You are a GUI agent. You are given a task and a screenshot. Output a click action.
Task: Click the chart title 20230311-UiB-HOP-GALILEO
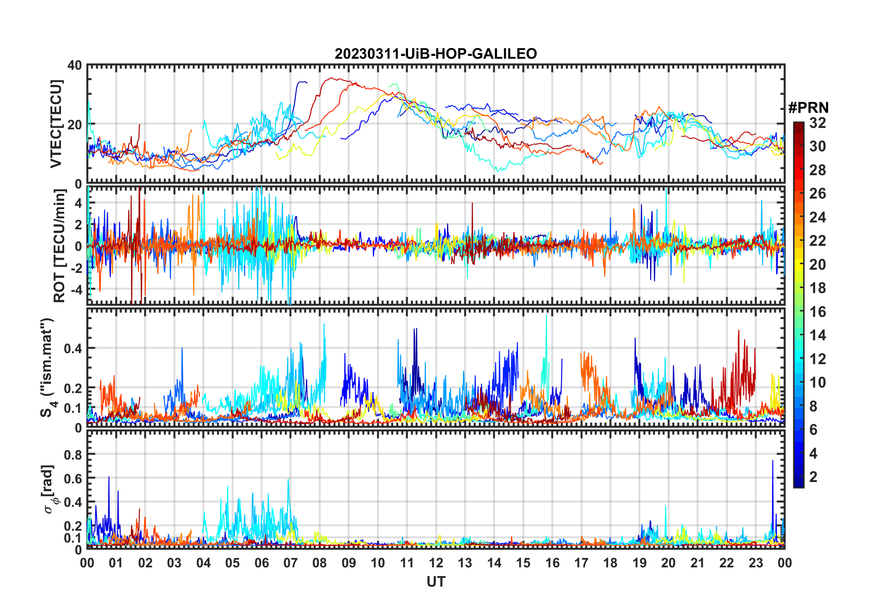pos(436,54)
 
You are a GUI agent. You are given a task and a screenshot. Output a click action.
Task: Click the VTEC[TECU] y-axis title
pos(56,124)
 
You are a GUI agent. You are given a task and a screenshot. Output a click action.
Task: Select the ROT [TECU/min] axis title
pos(60,246)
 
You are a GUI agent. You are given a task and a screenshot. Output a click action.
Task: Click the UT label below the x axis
pos(436,582)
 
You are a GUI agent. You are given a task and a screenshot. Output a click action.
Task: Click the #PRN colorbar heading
pos(808,108)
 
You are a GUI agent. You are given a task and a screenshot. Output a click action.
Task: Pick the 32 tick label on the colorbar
pos(817,123)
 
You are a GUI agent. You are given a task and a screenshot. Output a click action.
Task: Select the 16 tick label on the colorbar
pos(817,312)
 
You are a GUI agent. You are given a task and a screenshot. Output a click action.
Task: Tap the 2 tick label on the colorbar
pos(813,477)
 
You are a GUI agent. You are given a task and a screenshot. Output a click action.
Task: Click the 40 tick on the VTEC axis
pos(75,66)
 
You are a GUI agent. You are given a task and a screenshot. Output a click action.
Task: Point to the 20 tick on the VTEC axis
pos(75,125)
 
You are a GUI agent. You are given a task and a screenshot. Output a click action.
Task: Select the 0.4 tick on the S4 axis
pos(72,349)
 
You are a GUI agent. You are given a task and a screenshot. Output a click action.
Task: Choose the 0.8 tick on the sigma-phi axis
pos(72,455)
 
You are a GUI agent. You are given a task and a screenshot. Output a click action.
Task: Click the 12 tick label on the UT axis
pos(436,563)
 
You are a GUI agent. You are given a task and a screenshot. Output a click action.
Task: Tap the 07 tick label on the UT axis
pos(290,563)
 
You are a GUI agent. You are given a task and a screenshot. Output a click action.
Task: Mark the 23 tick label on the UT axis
pos(756,563)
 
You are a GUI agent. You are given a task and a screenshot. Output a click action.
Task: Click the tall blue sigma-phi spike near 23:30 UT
pos(773,463)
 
